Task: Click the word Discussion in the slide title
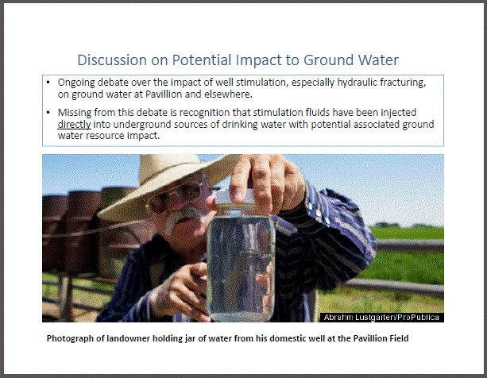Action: [x=112, y=60]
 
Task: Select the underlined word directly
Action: [x=74, y=125]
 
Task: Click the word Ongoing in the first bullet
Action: [x=76, y=83]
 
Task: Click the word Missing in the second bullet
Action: [x=75, y=112]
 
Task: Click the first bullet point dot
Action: [x=48, y=83]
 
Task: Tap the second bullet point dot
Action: [x=48, y=112]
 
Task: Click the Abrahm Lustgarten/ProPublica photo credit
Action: [x=381, y=317]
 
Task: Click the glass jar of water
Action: [x=241, y=265]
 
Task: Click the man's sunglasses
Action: [x=175, y=198]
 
